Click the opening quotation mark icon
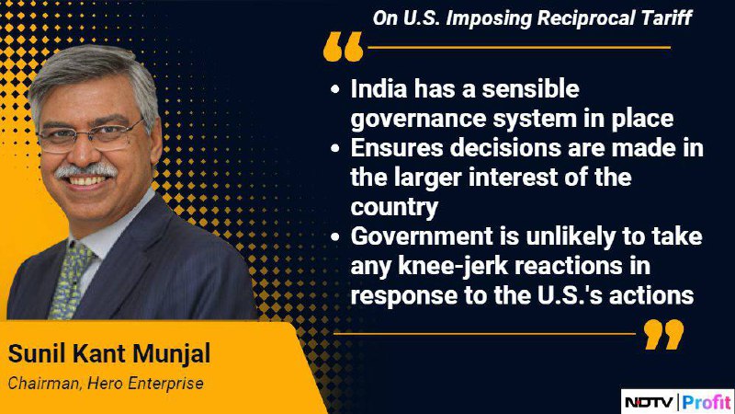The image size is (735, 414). coord(343,47)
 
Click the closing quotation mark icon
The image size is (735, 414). coord(663,334)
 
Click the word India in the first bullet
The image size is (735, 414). coord(379,88)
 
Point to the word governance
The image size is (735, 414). coord(418,120)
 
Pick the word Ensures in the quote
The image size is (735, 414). coord(397,148)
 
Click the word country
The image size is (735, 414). coord(394,208)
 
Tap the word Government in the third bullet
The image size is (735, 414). coord(422,236)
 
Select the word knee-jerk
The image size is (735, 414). coord(453,266)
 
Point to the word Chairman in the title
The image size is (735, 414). coord(44,384)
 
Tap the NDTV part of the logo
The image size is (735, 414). coord(649,402)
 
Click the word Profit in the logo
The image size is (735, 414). coord(707,402)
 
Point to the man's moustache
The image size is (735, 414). coord(86,170)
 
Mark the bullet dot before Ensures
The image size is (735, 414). coord(334,148)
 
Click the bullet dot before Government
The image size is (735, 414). coord(334,236)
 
